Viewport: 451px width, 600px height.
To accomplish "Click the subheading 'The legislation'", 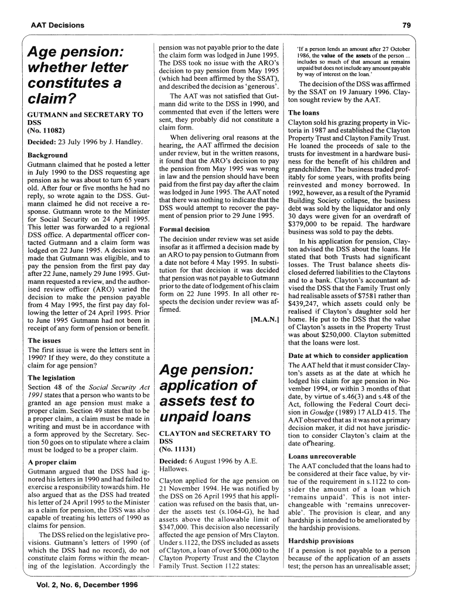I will coord(52,378).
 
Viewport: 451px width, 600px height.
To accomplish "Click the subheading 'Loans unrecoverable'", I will coord(322,456).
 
